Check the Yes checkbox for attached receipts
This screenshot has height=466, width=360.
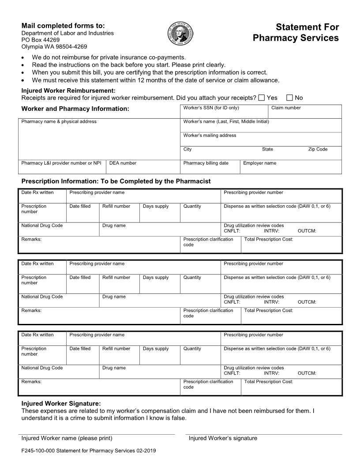click(262, 98)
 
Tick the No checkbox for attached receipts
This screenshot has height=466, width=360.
click(289, 98)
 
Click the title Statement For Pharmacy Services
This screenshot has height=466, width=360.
click(296, 33)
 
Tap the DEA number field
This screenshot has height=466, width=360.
click(142, 168)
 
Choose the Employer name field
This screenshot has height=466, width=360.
click(291, 169)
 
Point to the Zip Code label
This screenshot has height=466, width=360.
click(318, 149)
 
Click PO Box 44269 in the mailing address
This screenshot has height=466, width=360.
click(41, 40)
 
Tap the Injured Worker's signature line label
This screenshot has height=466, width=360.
click(223, 438)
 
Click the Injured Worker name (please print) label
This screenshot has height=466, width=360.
click(67, 438)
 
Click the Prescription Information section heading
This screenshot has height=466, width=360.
click(116, 181)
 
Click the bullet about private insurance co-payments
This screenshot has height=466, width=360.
click(109, 57)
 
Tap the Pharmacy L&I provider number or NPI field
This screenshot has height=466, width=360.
click(62, 169)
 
